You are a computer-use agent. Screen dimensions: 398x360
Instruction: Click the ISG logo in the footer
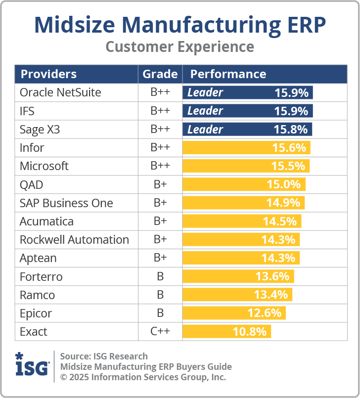(x=32, y=366)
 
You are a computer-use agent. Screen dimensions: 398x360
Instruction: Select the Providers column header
(x=48, y=74)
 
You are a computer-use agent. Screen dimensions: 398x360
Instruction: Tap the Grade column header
(x=160, y=74)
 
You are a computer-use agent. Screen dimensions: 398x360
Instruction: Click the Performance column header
(x=228, y=74)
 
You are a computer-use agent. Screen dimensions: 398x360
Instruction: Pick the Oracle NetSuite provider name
(x=60, y=92)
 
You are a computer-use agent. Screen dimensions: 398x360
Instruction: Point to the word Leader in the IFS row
(x=205, y=111)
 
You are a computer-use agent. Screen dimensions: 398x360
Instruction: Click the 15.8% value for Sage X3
(x=291, y=130)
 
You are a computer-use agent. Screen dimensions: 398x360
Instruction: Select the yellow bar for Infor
(x=246, y=148)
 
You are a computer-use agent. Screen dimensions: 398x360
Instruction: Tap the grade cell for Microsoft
(x=160, y=166)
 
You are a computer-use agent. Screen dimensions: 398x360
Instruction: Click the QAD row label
(x=32, y=185)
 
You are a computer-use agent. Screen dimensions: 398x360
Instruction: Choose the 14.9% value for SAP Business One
(x=284, y=203)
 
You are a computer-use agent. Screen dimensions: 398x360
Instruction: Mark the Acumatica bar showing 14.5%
(x=242, y=221)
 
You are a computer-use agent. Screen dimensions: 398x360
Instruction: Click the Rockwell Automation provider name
(x=74, y=240)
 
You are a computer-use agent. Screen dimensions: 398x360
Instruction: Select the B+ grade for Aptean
(x=160, y=258)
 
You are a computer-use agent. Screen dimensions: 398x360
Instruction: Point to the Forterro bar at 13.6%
(x=238, y=276)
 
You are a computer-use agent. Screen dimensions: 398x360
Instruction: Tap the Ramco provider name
(x=37, y=295)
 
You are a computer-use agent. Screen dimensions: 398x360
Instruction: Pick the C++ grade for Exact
(x=160, y=332)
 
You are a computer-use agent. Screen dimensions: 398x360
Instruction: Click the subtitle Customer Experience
(x=180, y=47)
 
